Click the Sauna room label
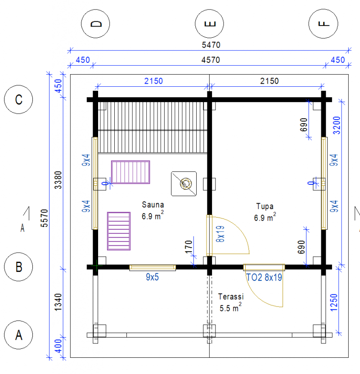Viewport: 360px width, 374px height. coord(153,205)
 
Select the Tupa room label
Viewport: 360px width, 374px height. coord(265,206)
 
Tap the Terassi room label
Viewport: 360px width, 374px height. coord(231,297)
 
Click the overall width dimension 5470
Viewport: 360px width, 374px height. coord(211,45)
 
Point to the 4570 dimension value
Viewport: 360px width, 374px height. coord(211,60)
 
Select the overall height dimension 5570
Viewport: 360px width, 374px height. coord(45,218)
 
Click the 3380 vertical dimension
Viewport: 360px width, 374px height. coord(58,180)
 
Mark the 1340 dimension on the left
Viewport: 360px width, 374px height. coord(58,302)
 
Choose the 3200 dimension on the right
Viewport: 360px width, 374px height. coord(336,125)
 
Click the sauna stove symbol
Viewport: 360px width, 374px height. coord(184,184)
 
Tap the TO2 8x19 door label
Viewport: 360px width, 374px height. coord(264,277)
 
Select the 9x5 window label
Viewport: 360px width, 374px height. coord(152,277)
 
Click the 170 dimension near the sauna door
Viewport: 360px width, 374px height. coord(189,247)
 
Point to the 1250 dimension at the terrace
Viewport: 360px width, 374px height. coord(334,303)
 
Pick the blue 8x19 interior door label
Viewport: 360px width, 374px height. coord(220,234)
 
